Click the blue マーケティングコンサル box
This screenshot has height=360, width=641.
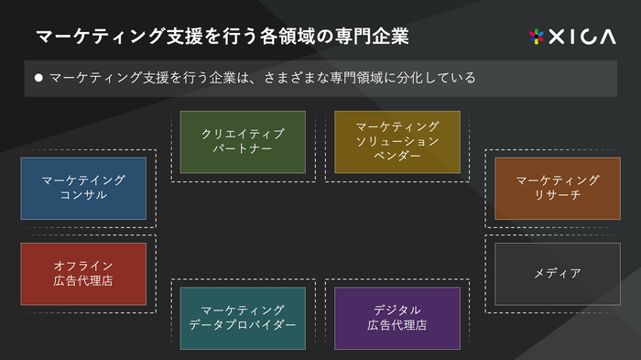click(x=83, y=188)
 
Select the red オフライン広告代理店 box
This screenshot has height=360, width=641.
click(x=83, y=273)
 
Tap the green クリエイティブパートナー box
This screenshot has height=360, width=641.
click(x=243, y=141)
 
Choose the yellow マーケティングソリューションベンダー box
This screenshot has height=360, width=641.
click(x=397, y=141)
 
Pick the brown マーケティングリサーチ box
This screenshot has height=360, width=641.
click(x=557, y=188)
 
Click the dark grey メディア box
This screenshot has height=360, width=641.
click(x=557, y=273)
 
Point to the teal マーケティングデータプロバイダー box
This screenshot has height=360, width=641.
click(x=243, y=318)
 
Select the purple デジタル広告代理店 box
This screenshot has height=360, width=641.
click(x=397, y=318)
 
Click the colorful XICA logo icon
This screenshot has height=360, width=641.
click(x=537, y=37)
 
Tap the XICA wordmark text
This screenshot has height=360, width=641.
click(x=583, y=37)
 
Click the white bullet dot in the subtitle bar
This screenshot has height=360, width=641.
click(x=38, y=79)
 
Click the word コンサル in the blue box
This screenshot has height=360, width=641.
click(x=83, y=195)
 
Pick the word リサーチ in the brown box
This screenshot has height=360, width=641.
click(x=557, y=195)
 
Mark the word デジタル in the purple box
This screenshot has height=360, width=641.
click(x=397, y=310)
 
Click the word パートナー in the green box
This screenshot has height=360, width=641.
click(x=243, y=148)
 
